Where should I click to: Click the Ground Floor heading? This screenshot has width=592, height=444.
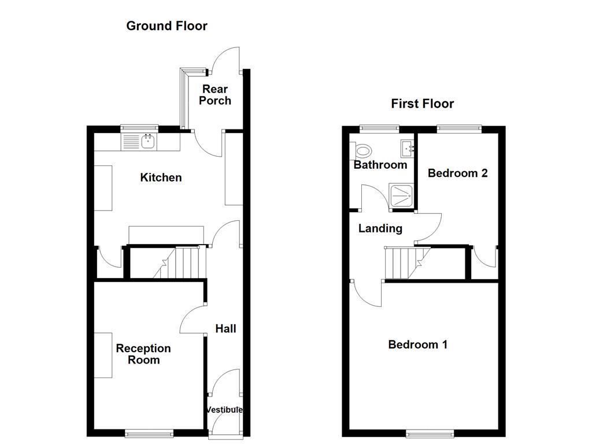[166, 26]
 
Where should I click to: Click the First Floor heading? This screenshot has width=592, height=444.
[423, 104]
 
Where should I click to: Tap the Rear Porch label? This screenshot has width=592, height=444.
[215, 95]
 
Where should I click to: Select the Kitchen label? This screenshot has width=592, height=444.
[161, 177]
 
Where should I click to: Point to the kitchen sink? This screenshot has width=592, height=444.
[139, 140]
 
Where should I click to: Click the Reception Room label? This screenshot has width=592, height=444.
[143, 354]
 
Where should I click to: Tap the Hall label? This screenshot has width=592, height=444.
[225, 329]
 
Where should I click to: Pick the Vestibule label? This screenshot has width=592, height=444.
[224, 410]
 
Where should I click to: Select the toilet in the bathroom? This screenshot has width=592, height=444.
[362, 151]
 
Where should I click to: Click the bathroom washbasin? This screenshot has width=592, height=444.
[408, 149]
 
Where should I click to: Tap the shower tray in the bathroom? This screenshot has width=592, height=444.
[402, 196]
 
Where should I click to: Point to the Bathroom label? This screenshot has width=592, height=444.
[380, 165]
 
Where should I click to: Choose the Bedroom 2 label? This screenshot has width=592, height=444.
[457, 173]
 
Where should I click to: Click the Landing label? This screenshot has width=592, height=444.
[380, 228]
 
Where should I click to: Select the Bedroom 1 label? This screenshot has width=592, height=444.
[417, 345]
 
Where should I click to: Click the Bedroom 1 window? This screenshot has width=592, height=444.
[430, 433]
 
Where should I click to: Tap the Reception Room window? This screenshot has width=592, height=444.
[149, 433]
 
